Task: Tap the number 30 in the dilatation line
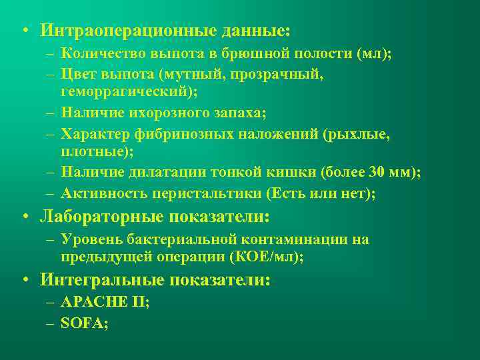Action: pos(377,174)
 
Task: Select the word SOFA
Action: pos(83,322)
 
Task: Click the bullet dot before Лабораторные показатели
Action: pos(24,217)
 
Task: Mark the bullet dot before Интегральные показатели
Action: pos(24,281)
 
